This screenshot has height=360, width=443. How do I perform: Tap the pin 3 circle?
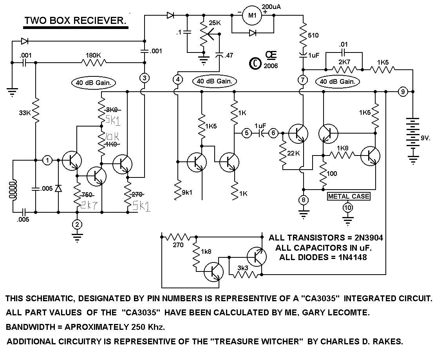145,78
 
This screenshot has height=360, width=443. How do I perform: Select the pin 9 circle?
402,92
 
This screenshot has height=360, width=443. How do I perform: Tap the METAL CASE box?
348,196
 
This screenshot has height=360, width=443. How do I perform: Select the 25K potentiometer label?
215,23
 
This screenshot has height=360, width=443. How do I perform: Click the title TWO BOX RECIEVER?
76,21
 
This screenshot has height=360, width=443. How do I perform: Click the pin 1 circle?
47,160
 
